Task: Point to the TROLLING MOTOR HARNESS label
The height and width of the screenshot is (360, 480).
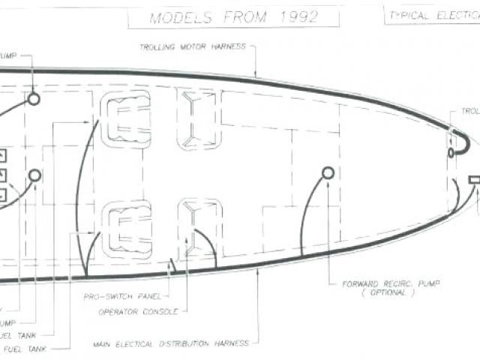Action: tap(193, 46)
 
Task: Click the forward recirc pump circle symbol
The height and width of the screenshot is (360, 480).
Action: tap(328, 172)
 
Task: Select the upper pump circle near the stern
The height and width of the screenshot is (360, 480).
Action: tap(33, 99)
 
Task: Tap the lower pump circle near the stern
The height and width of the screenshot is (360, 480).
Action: tap(34, 175)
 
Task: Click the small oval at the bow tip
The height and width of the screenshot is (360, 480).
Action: tap(451, 153)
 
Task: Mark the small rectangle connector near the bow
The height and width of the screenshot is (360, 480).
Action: tap(474, 180)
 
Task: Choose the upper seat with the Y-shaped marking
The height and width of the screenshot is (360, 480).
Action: tap(198, 118)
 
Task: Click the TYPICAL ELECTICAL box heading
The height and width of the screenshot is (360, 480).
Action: tap(432, 14)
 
